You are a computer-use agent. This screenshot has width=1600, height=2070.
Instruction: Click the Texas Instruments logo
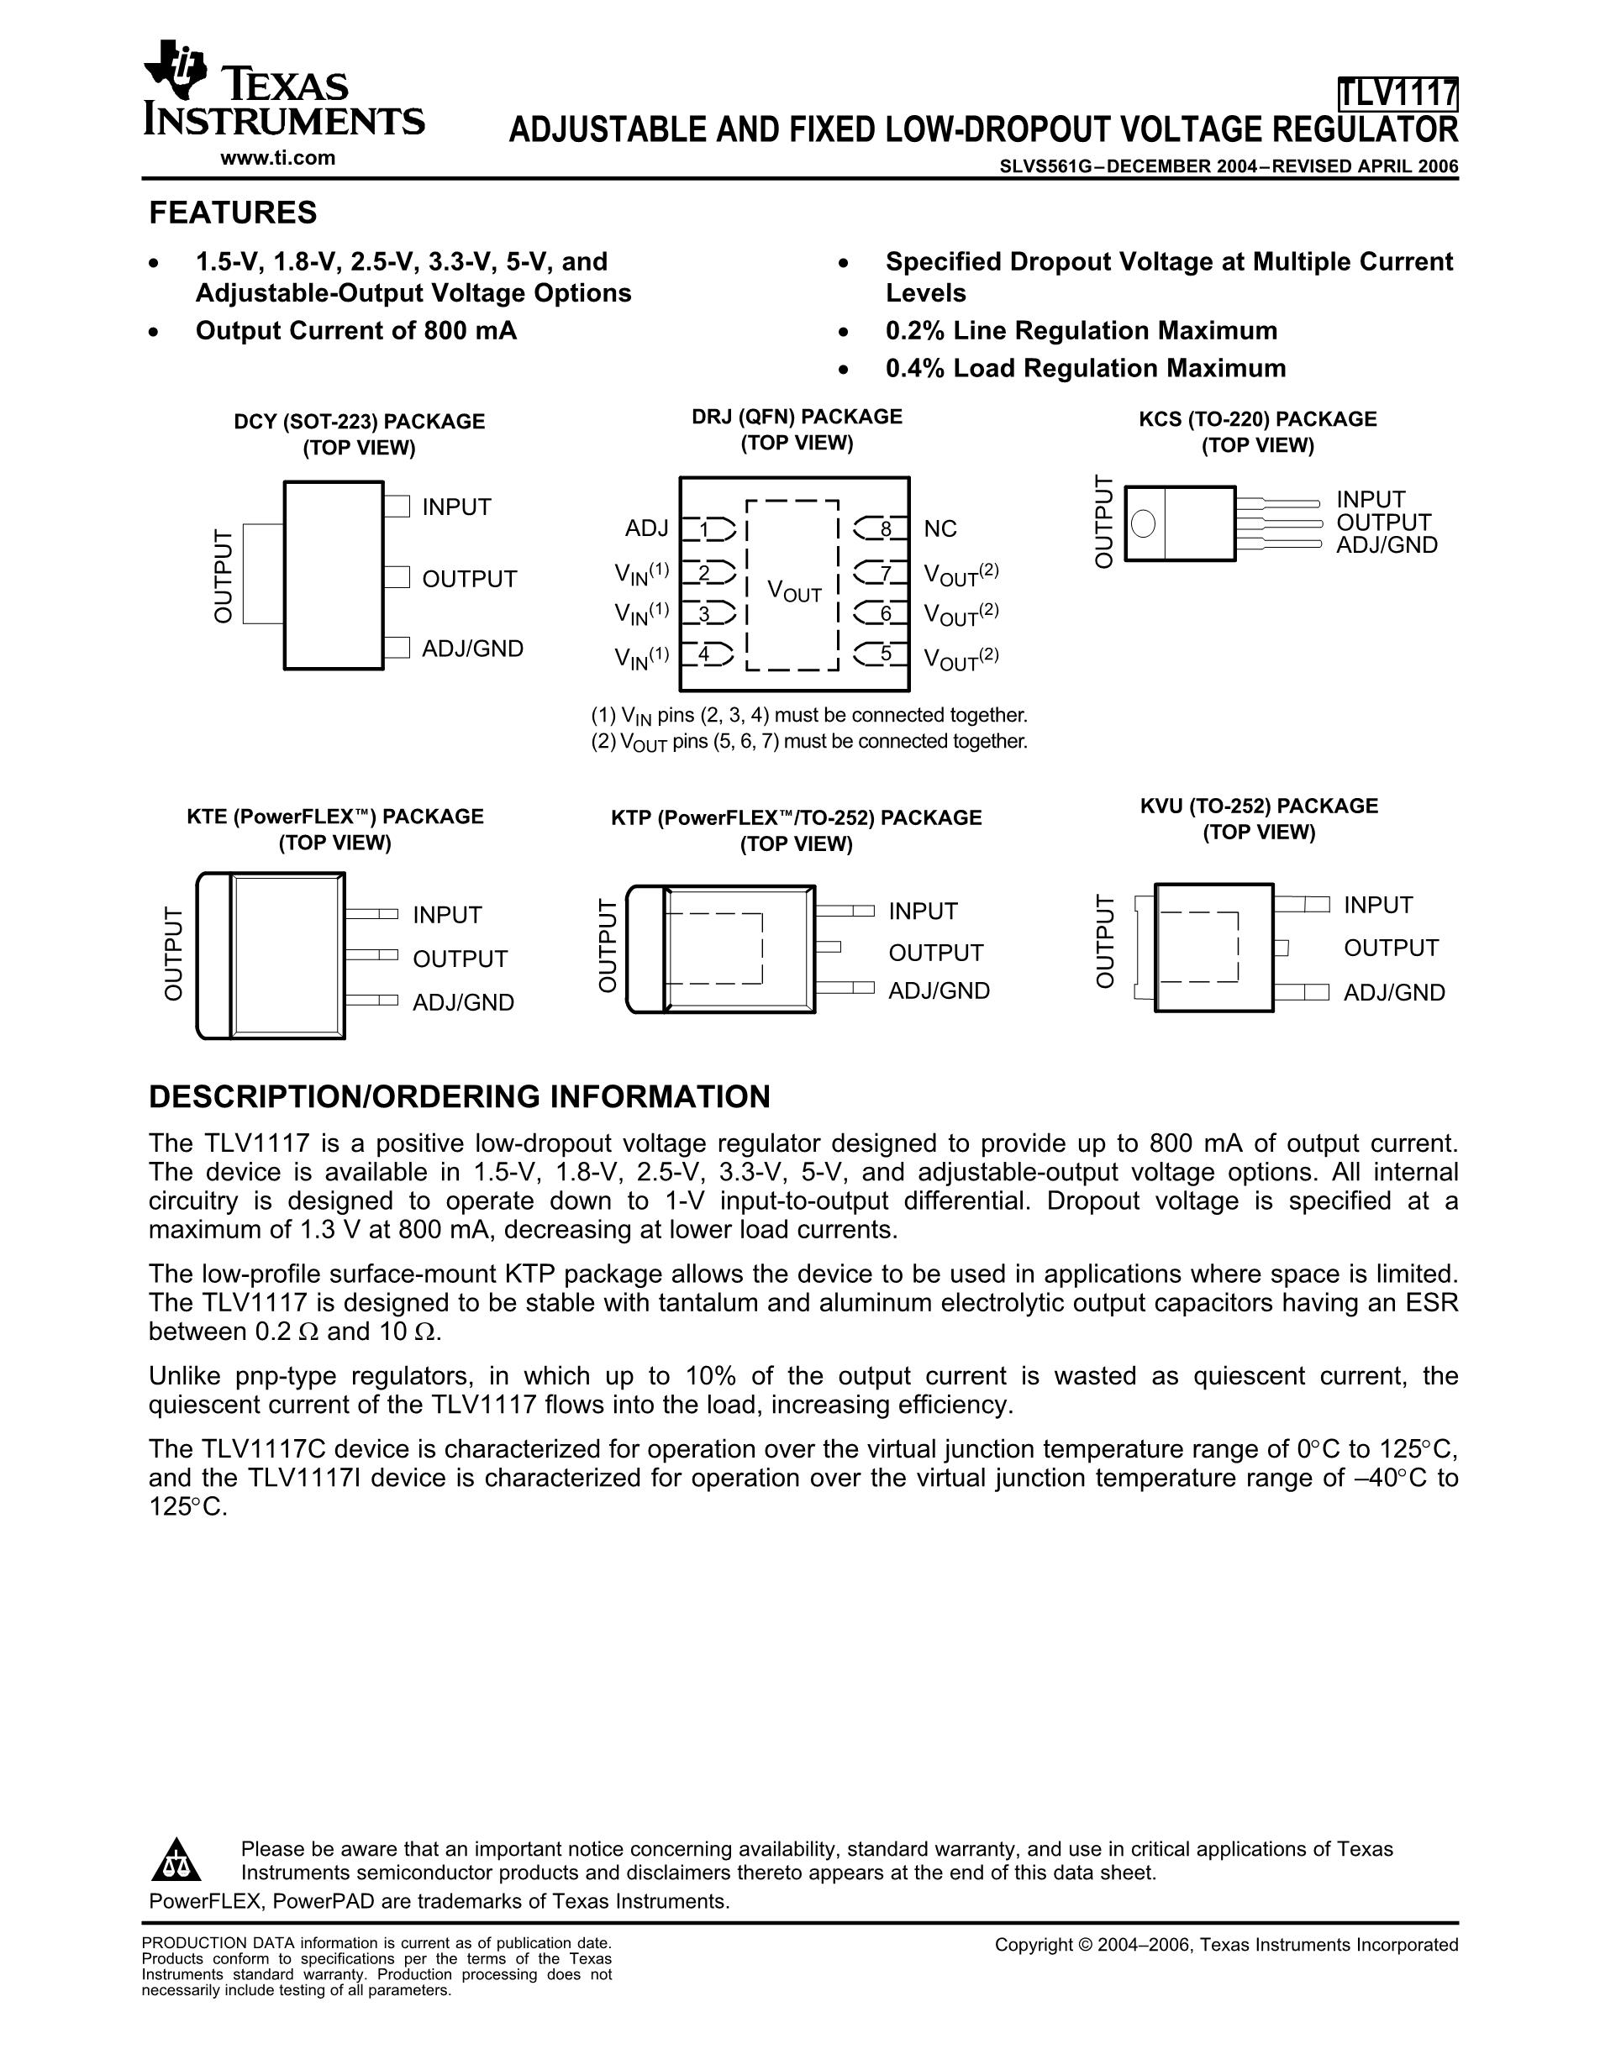point(282,90)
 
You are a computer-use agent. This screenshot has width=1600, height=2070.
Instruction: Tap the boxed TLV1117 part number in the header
point(1397,94)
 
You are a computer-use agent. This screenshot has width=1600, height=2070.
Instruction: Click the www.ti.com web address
point(277,158)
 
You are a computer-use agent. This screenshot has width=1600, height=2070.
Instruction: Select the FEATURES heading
point(233,213)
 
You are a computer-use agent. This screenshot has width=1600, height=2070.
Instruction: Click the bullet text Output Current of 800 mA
point(355,331)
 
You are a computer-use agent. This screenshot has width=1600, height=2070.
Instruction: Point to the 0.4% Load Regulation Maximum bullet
point(1086,369)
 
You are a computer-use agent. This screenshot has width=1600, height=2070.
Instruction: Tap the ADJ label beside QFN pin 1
point(646,528)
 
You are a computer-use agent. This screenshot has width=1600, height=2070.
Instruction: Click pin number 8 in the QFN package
point(886,529)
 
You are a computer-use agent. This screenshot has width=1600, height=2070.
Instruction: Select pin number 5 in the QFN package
point(886,653)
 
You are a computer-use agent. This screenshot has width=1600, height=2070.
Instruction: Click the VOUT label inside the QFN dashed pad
point(794,592)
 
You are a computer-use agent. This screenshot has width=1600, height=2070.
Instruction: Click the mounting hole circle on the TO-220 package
point(1144,523)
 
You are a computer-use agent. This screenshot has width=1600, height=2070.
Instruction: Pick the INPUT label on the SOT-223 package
point(457,507)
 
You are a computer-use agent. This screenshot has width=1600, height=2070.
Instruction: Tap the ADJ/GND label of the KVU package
point(1394,992)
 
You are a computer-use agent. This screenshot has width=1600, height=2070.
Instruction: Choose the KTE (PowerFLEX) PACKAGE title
point(334,816)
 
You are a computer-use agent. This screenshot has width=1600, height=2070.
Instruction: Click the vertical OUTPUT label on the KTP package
point(607,946)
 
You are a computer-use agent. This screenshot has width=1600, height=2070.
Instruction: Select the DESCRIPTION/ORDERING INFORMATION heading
point(460,1096)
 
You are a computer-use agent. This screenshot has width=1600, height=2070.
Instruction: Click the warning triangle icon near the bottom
point(176,1861)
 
